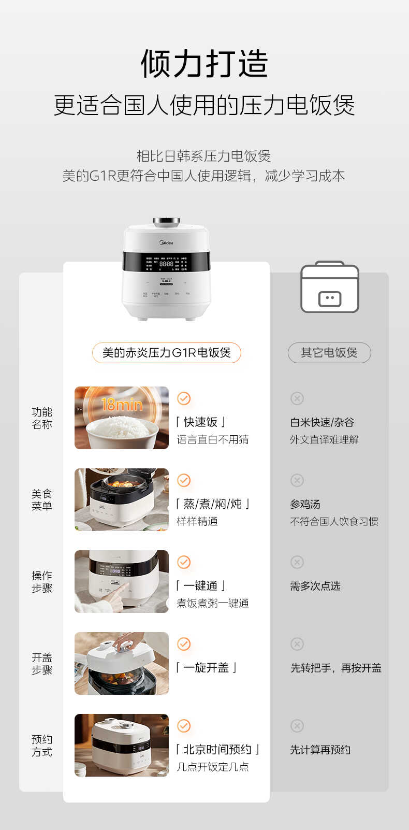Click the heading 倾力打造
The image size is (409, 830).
204,64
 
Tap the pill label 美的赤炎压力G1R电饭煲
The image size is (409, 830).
166,353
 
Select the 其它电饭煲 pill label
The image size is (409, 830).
329,353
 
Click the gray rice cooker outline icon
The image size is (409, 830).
330,288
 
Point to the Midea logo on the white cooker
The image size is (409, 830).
166,242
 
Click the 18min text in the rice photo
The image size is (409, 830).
122,404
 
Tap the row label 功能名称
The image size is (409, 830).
42,418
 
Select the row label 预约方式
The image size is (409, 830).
42,746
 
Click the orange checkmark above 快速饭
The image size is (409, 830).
184,398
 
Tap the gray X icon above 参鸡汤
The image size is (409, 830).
297,480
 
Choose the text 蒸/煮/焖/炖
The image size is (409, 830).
213,504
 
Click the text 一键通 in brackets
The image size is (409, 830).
200,586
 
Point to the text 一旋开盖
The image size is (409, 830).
206,668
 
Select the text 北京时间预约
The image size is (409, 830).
217,750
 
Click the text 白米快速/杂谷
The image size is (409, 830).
322,422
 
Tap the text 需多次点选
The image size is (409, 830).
315,586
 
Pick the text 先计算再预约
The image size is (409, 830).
320,750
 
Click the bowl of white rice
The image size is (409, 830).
122,431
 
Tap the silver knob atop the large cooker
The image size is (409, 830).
166,222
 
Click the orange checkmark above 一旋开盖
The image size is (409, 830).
184,644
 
